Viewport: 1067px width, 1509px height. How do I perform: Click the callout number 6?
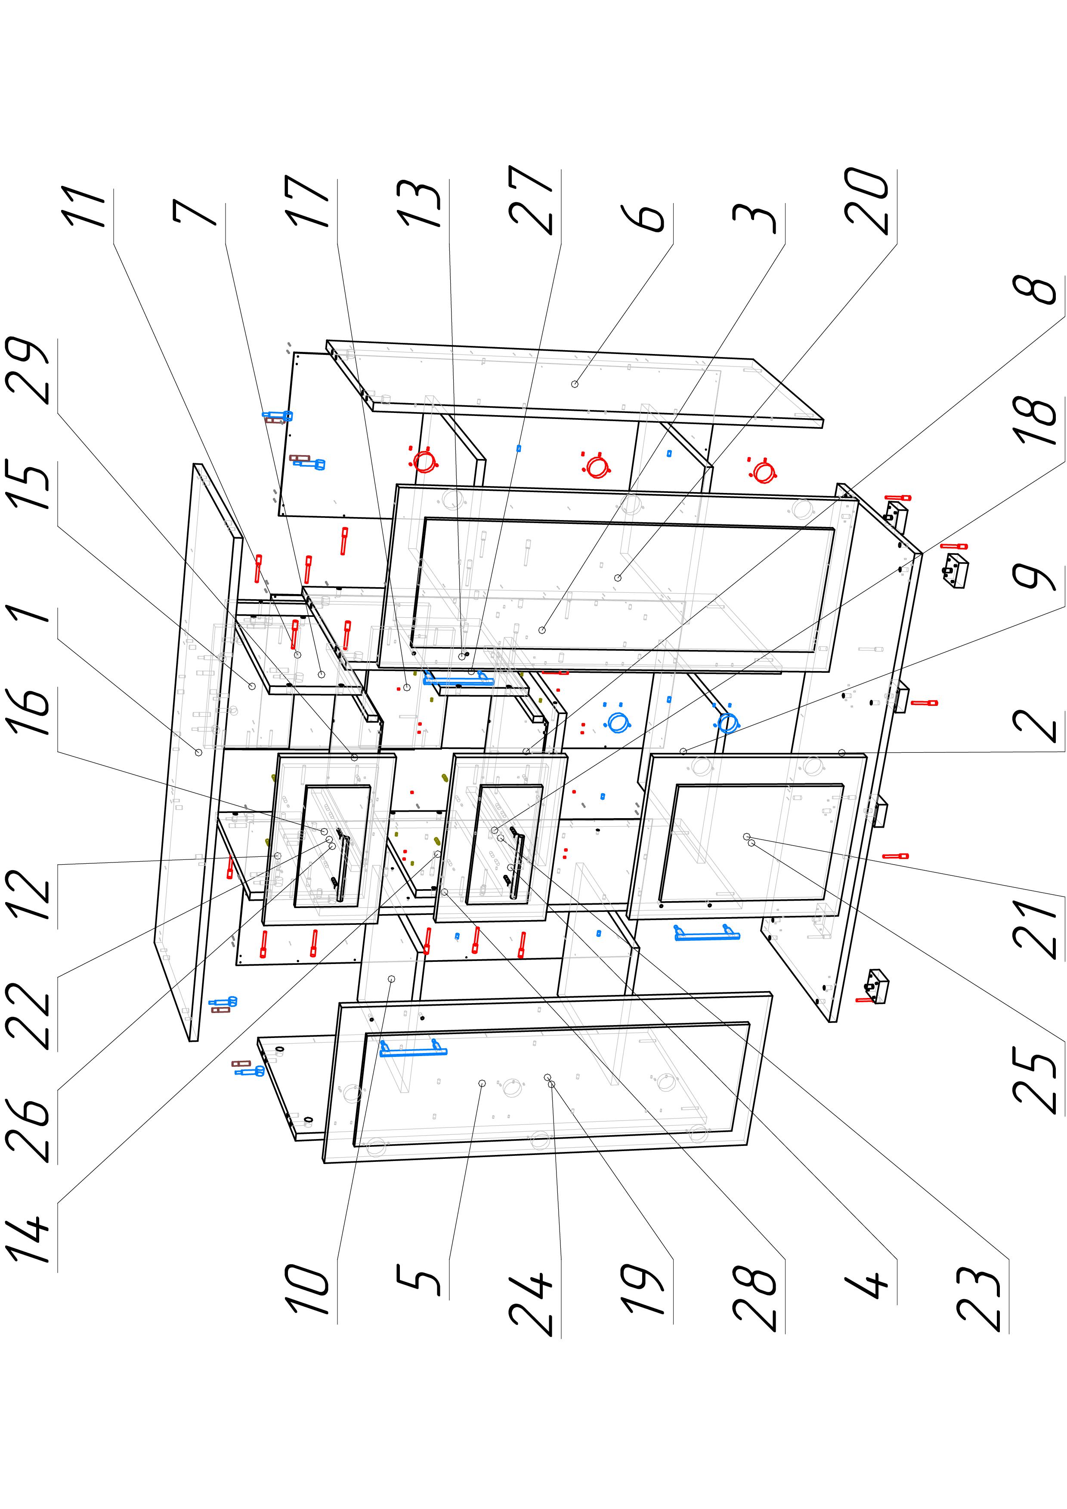(x=649, y=218)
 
